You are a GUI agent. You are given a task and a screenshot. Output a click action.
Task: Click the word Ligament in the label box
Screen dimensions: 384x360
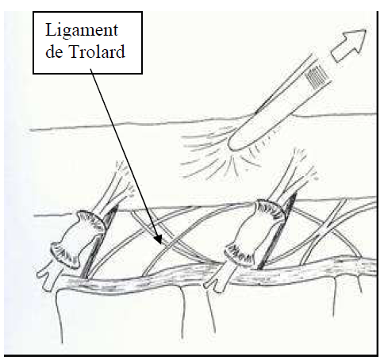pos(82,31)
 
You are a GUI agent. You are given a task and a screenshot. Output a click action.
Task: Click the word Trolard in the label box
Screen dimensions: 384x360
pos(97,52)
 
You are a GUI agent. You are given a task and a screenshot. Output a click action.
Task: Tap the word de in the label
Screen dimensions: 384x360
pos(54,52)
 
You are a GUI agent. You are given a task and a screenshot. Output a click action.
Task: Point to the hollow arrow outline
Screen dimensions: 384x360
pos(348,45)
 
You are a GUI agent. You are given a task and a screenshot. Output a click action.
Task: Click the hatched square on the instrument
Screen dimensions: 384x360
pos(316,76)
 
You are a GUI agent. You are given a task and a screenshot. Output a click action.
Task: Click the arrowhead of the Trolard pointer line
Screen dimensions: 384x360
pos(158,239)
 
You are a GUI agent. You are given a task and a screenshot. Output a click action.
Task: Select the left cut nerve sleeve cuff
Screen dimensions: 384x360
pos(77,239)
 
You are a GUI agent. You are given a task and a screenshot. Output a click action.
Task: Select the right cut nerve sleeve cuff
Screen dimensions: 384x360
pos(255,232)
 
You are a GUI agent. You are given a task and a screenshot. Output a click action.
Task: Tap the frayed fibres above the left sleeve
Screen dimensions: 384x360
pos(119,182)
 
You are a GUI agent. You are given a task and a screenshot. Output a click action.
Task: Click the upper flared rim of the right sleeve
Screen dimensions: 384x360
pos(272,209)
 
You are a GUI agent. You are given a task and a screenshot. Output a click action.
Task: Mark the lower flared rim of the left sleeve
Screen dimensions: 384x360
pos(63,256)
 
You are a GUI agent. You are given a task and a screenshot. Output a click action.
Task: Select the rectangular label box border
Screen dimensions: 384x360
pos(88,12)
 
